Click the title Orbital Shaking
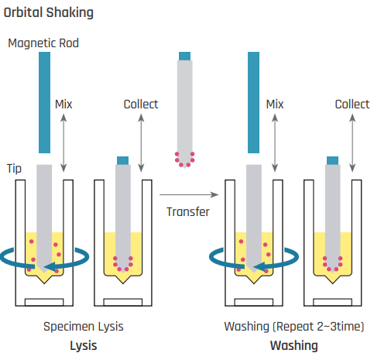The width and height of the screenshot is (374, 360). pyautogui.click(x=49, y=13)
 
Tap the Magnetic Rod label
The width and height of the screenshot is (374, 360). pyautogui.click(x=43, y=43)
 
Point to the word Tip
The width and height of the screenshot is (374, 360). pyautogui.click(x=14, y=169)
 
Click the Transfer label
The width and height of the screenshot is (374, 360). pyautogui.click(x=188, y=212)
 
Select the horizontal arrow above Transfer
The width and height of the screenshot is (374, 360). pyautogui.click(x=189, y=194)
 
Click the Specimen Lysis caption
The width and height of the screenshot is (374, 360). pyautogui.click(x=84, y=327)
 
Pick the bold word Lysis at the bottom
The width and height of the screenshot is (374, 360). pyautogui.click(x=84, y=346)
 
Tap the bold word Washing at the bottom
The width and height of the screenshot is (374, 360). pyautogui.click(x=294, y=346)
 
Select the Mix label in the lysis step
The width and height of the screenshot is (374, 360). pyautogui.click(x=63, y=105)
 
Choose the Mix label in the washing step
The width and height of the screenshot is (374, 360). pyautogui.click(x=275, y=105)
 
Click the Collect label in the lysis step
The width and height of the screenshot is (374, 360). pyautogui.click(x=141, y=105)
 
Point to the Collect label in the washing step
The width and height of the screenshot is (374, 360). pyautogui.click(x=352, y=105)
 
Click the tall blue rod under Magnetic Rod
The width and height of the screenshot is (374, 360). pyautogui.click(x=44, y=102)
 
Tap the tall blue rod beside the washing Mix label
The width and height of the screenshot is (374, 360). pyautogui.click(x=253, y=102)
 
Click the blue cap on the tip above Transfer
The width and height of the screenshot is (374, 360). pyautogui.click(x=184, y=57)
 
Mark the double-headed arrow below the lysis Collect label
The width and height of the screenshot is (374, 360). pyautogui.click(x=141, y=143)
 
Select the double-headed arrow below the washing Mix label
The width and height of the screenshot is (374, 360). pyautogui.click(x=275, y=143)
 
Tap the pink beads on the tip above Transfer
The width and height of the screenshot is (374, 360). pyautogui.click(x=184, y=159)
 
